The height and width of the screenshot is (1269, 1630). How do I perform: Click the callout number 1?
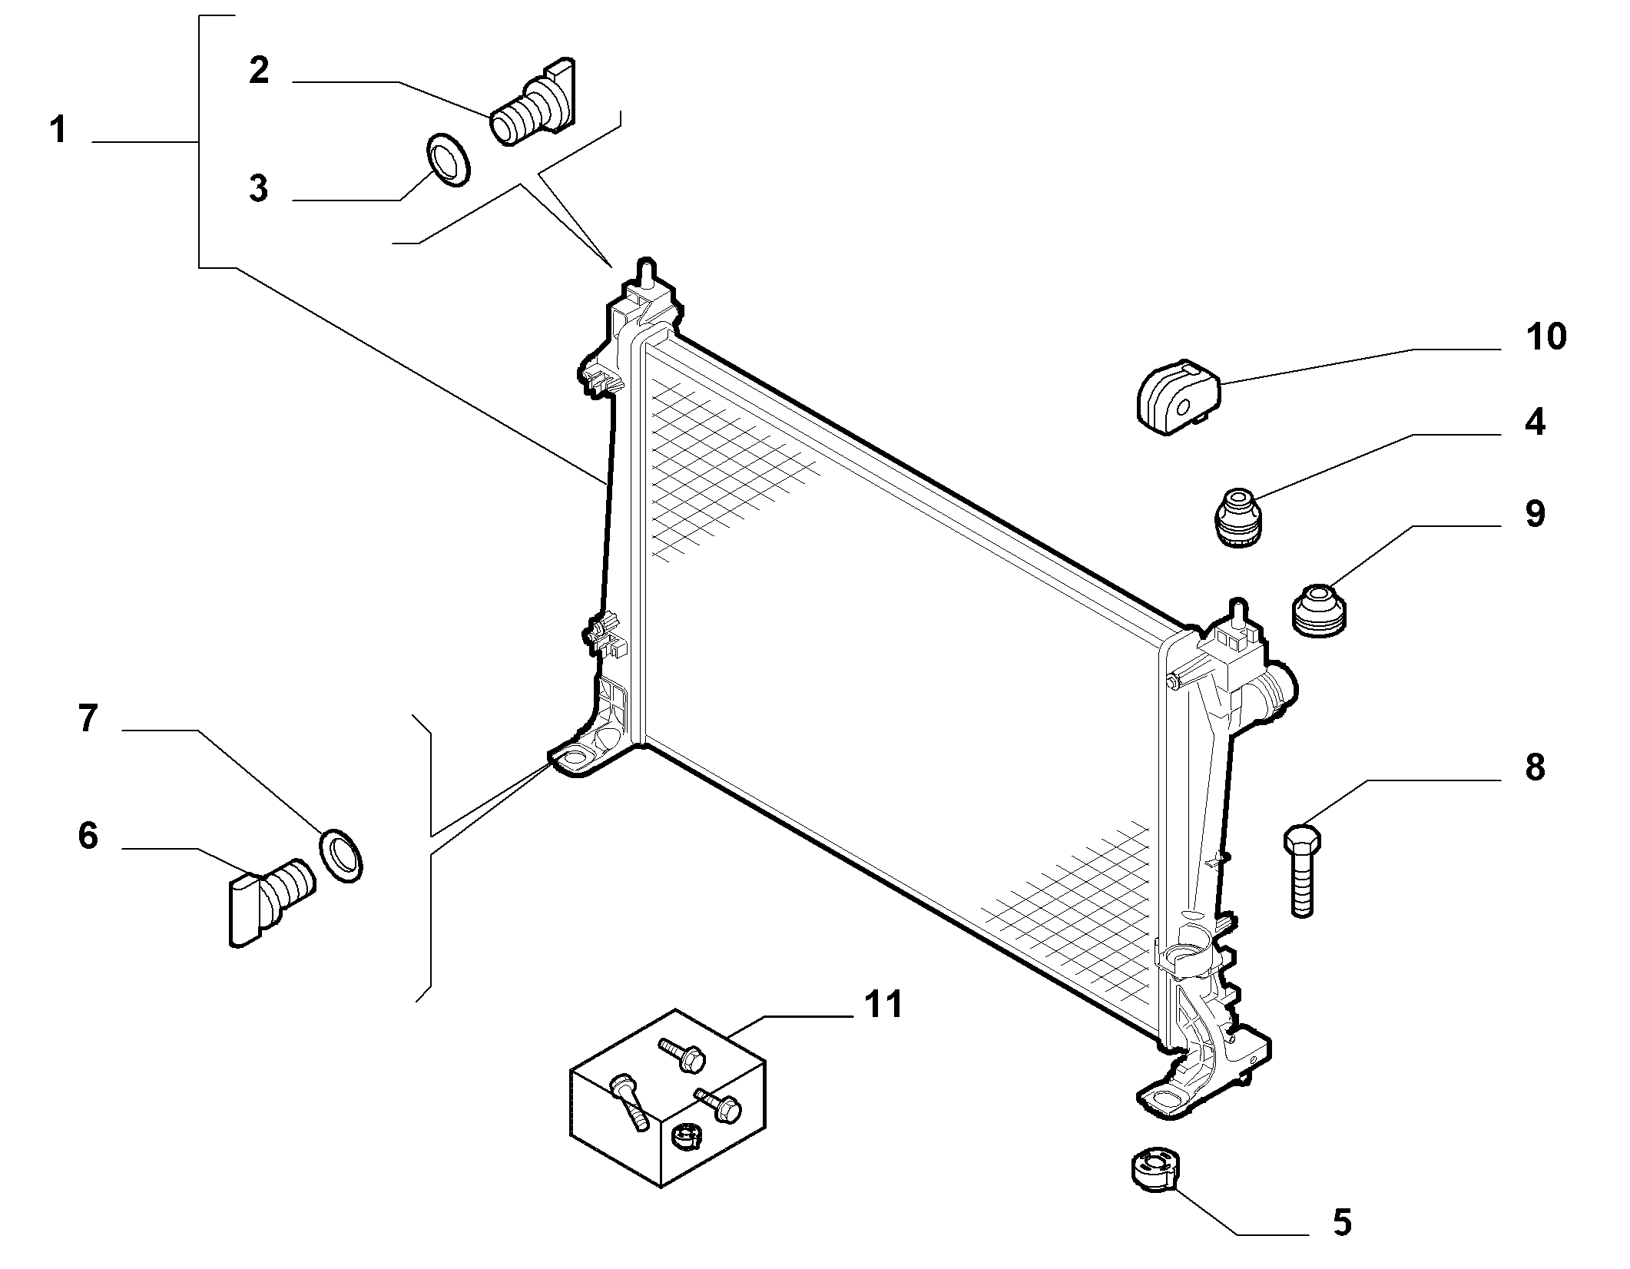[58, 130]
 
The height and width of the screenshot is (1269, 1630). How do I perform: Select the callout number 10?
[1546, 336]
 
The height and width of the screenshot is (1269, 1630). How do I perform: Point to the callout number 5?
[1341, 1244]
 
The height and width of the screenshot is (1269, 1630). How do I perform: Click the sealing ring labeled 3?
[447, 159]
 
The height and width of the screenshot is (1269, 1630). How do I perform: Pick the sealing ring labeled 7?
[340, 855]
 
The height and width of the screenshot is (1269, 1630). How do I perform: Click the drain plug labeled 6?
[270, 901]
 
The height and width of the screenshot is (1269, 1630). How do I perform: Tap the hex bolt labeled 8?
[1301, 870]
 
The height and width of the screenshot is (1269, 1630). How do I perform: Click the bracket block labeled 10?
[1179, 396]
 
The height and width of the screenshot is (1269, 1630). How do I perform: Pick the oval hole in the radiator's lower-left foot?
[572, 760]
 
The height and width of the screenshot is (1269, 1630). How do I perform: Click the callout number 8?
[1534, 767]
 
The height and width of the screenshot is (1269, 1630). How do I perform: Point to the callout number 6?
[88, 835]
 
